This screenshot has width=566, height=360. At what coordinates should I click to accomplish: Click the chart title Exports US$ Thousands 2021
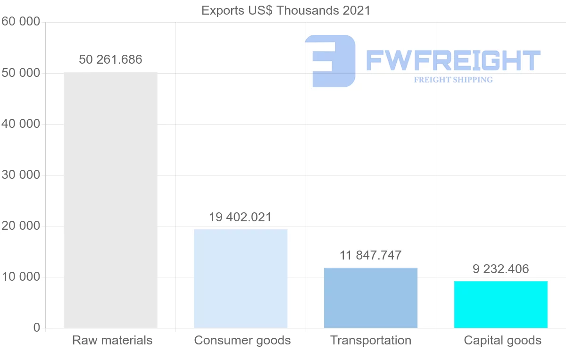(286, 10)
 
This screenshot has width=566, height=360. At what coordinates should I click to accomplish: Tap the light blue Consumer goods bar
(241, 278)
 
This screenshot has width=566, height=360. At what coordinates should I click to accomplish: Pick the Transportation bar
(371, 298)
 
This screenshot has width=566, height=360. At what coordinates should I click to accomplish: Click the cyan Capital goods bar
(501, 304)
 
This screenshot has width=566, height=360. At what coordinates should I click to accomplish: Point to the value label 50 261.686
(110, 59)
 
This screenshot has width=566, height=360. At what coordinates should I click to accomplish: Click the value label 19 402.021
(241, 217)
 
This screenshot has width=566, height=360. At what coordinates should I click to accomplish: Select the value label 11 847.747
(371, 255)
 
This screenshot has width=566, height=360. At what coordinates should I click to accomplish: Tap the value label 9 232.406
(501, 269)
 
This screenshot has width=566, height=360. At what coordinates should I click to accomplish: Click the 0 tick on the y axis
(37, 327)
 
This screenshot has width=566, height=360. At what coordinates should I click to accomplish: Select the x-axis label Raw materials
(112, 340)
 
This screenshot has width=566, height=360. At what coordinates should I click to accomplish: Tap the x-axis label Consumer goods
(242, 340)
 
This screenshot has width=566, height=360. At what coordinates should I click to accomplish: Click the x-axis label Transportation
(371, 340)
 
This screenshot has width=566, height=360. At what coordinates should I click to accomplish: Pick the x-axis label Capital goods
(503, 340)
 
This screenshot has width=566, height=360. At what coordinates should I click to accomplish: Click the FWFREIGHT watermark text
(453, 60)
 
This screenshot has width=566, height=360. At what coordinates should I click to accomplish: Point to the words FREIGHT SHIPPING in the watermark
(453, 80)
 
